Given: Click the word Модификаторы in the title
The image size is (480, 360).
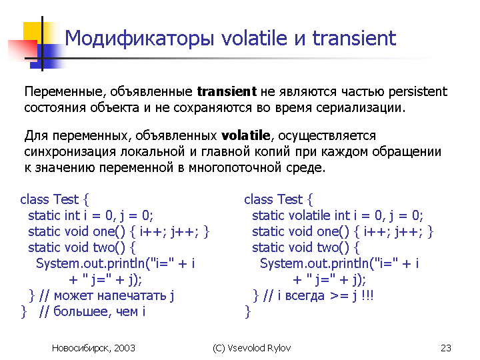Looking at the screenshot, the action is pyautogui.click(x=139, y=39).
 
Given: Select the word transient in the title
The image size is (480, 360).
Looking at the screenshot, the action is pyautogui.click(x=354, y=38).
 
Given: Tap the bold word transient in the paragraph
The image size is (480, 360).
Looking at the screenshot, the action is pyautogui.click(x=227, y=91).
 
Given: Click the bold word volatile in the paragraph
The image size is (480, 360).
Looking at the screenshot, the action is pyautogui.click(x=246, y=135).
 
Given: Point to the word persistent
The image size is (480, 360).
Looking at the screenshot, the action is pyautogui.click(x=418, y=91).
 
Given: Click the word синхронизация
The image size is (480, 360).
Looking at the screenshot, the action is pyautogui.click(x=70, y=151).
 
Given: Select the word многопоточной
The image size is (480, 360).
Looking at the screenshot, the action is pyautogui.click(x=235, y=167).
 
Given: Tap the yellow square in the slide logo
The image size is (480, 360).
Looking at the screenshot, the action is pyautogui.click(x=33, y=32).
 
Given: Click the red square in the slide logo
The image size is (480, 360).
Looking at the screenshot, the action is pyautogui.click(x=23, y=50).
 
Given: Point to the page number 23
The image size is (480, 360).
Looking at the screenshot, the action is pyautogui.click(x=446, y=348).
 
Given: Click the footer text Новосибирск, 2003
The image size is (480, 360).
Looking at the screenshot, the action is pyautogui.click(x=93, y=348).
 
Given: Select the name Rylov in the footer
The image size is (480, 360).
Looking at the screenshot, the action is pyautogui.click(x=279, y=348).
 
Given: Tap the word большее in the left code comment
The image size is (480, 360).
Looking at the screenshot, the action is pyautogui.click(x=81, y=311).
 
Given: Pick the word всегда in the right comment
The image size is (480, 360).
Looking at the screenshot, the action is pyautogui.click(x=304, y=296).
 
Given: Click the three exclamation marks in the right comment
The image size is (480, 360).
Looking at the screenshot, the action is pyautogui.click(x=367, y=295).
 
